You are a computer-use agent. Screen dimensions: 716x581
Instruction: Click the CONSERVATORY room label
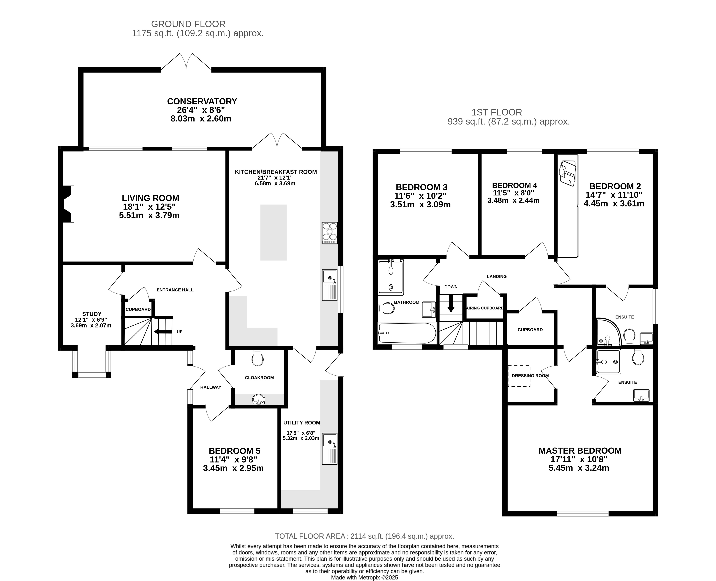202,101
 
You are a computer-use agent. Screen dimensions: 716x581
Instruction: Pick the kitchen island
273,232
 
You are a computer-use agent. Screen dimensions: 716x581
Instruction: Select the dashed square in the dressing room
519,376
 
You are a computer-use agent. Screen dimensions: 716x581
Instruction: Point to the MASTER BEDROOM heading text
580,451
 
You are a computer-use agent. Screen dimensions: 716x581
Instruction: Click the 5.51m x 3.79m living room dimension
149,215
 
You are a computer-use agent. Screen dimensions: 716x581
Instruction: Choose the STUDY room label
92,314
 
